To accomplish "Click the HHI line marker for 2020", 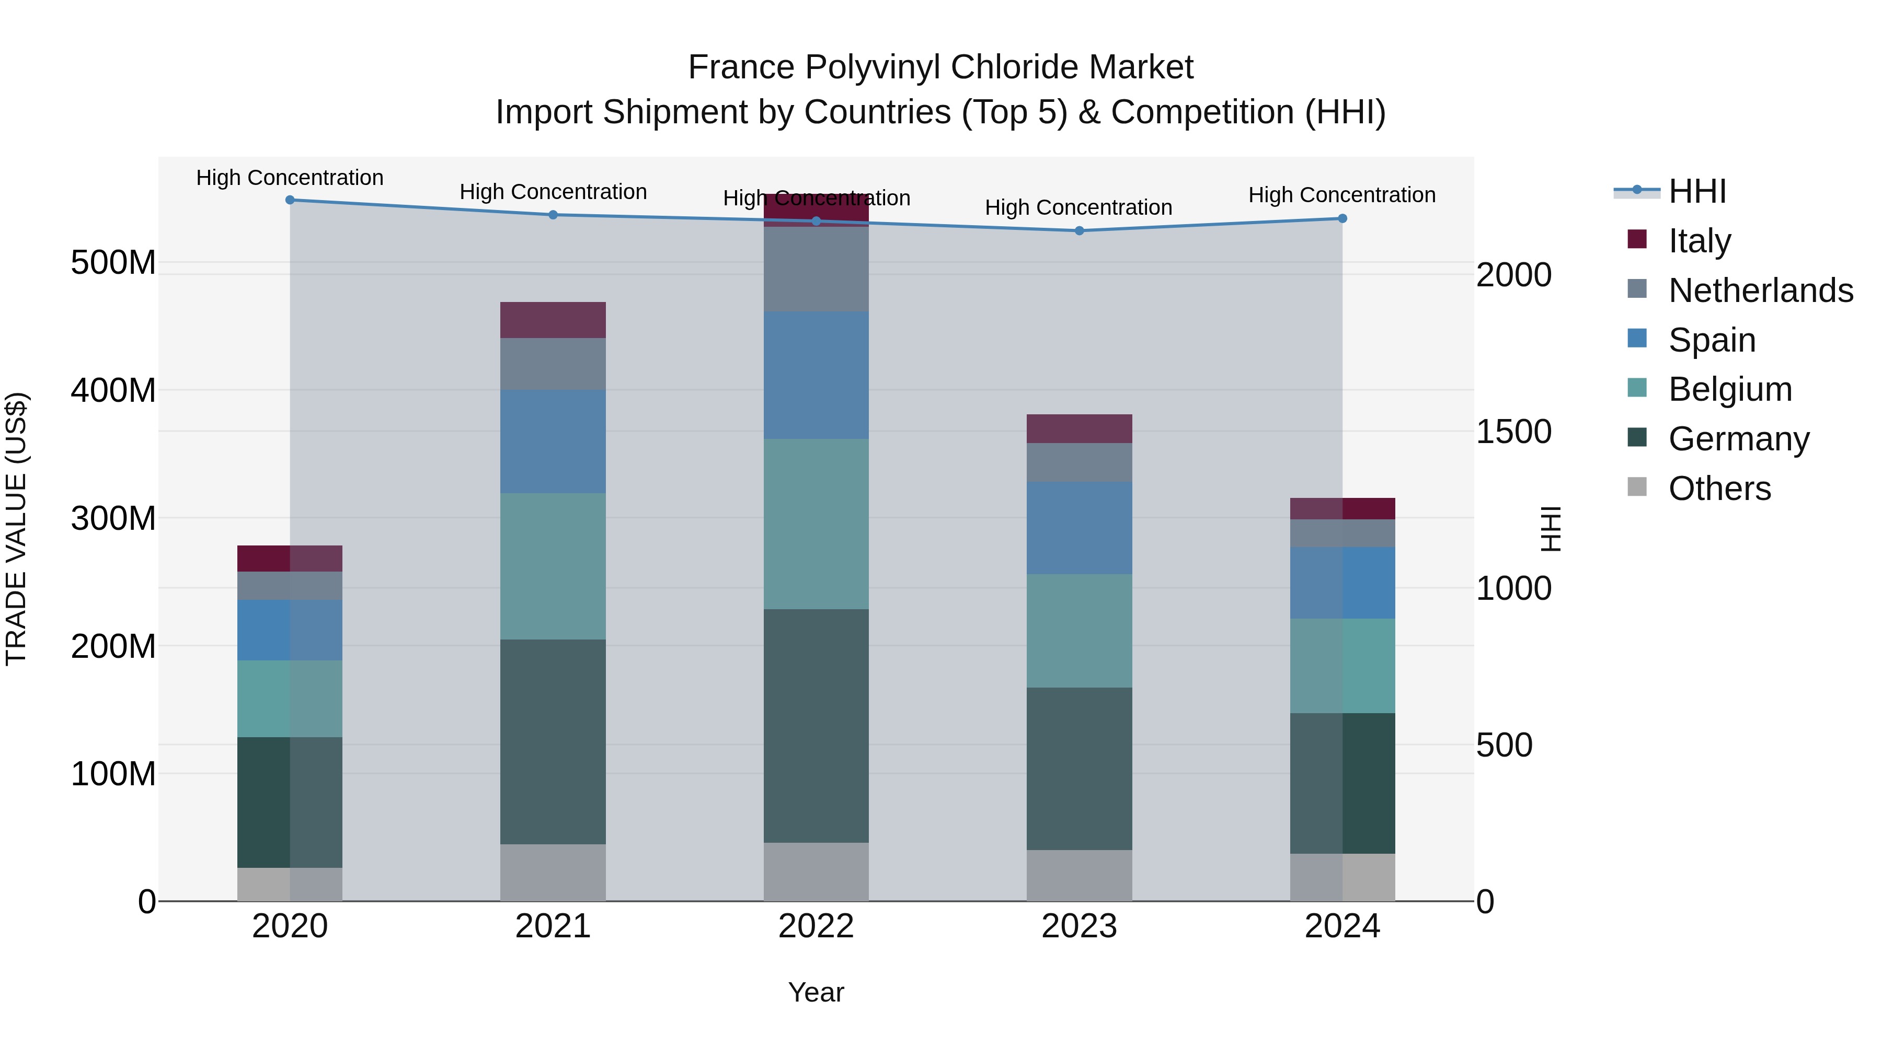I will [x=290, y=200].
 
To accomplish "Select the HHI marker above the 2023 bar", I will [x=1079, y=231].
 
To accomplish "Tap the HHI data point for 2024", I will [x=1342, y=218].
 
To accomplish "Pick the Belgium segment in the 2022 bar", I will [x=816, y=524].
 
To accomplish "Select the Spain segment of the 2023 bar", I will [x=1079, y=527].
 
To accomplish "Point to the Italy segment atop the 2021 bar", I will [x=553, y=320].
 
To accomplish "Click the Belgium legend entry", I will [x=1729, y=389].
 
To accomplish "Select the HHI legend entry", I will [x=1696, y=191].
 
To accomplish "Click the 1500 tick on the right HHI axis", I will [x=1513, y=432].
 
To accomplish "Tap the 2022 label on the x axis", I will [x=816, y=926].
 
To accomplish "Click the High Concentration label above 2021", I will [x=553, y=192].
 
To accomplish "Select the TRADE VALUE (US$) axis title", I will [x=16, y=529].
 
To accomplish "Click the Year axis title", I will [x=816, y=992].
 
